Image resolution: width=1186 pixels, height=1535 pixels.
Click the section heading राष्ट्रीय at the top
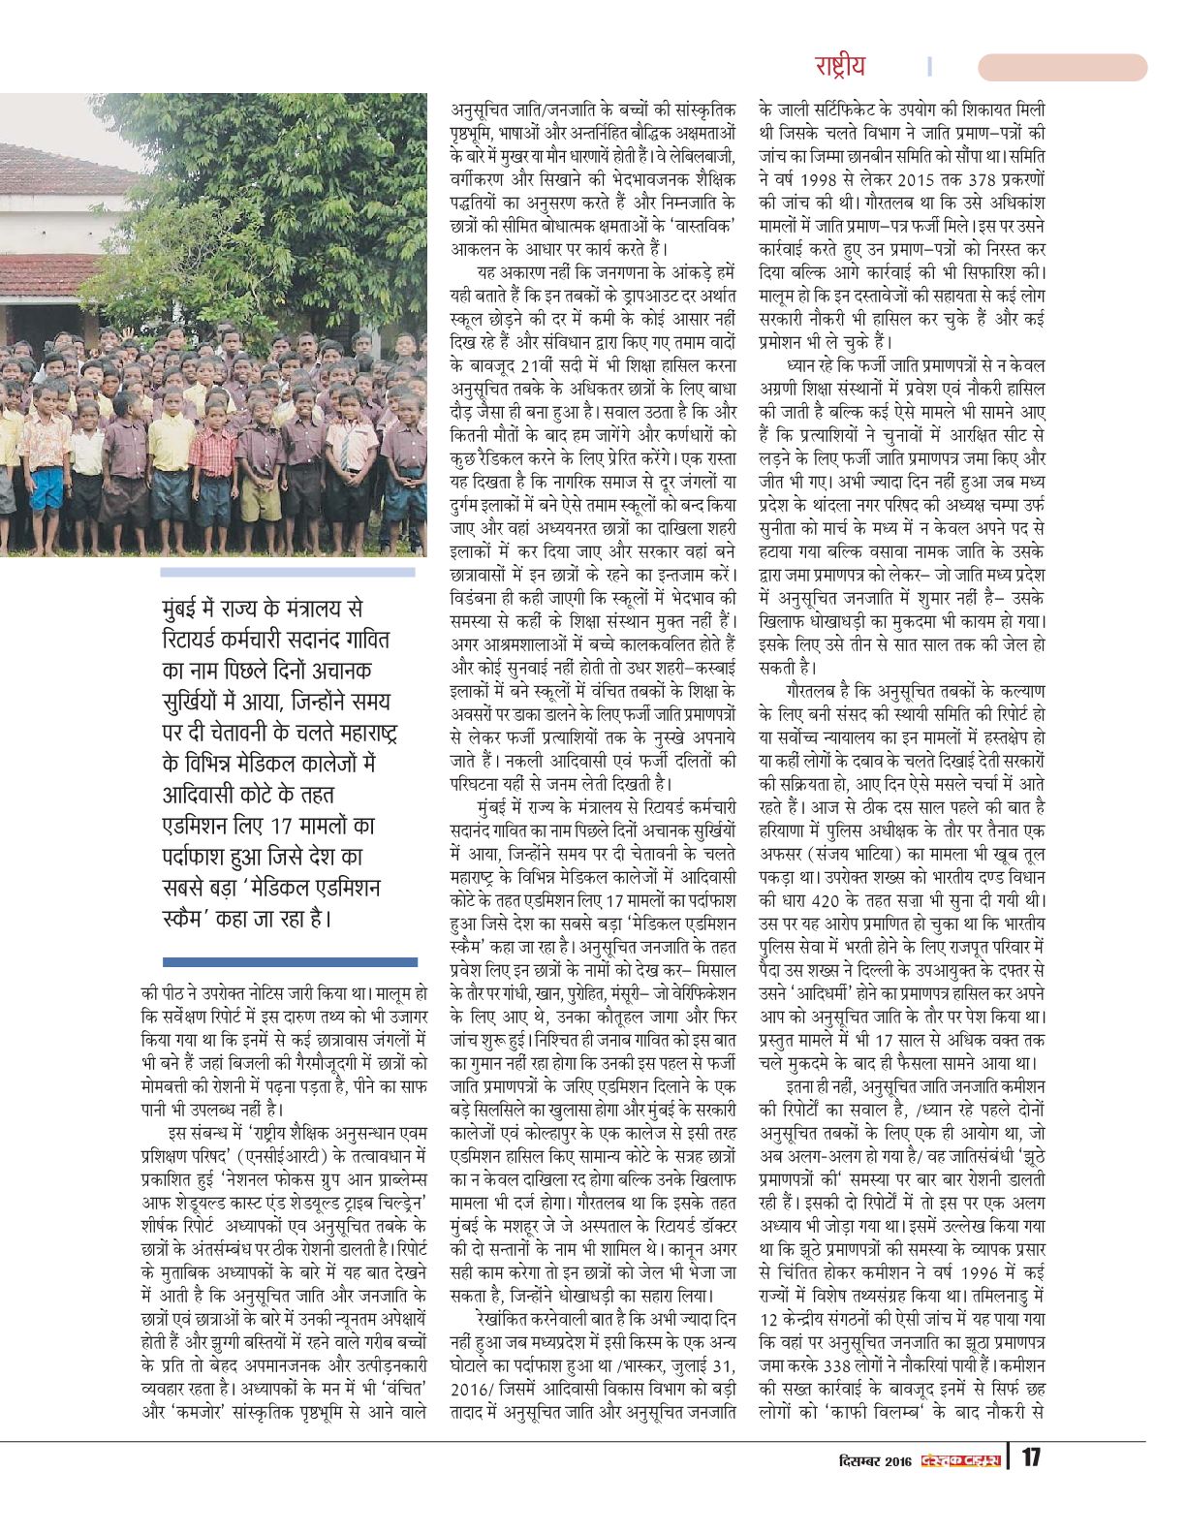(839, 66)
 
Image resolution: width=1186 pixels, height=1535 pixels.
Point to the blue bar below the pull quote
(290, 961)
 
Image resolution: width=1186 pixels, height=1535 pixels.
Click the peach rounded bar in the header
(1062, 67)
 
